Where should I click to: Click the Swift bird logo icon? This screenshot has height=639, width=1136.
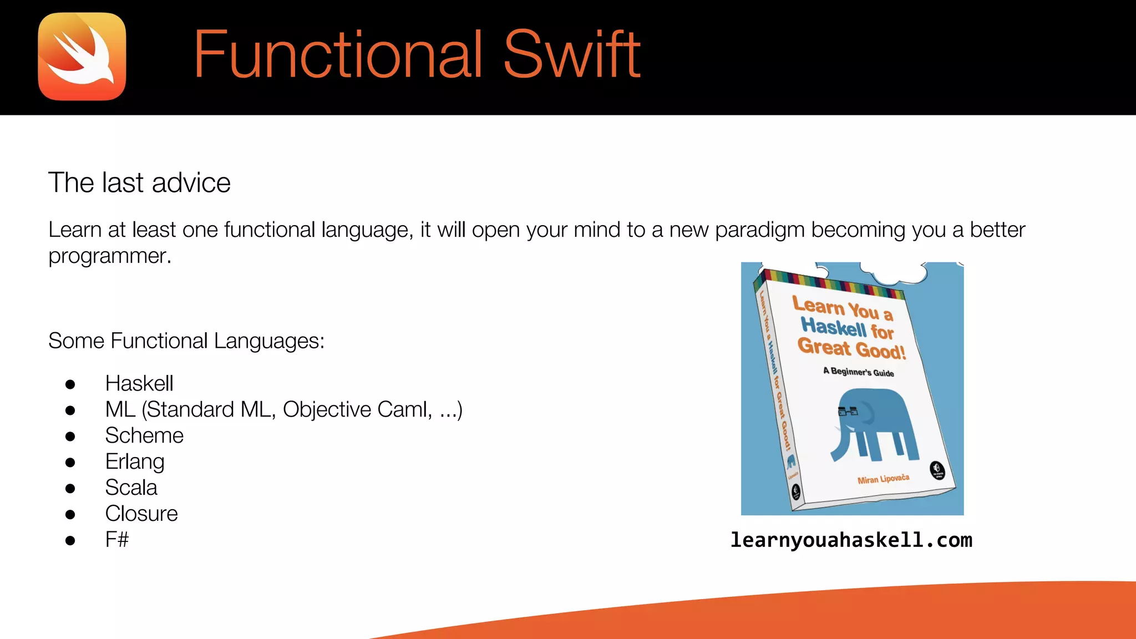[x=82, y=57]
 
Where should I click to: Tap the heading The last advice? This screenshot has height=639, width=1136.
[x=139, y=183]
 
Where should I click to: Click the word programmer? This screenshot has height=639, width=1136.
[x=109, y=256]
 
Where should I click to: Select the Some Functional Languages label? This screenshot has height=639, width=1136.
[x=186, y=341]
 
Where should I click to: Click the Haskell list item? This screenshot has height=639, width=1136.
[x=139, y=383]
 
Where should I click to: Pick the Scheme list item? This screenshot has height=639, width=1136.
[x=144, y=435]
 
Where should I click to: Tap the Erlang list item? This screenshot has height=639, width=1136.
[x=135, y=461]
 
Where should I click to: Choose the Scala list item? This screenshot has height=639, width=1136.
[x=131, y=488]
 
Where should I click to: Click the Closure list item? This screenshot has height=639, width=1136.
[x=141, y=514]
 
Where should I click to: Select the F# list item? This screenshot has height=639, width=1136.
[x=117, y=540]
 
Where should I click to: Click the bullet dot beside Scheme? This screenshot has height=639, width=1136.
[x=70, y=437]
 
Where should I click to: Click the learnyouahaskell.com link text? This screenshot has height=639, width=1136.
[x=851, y=540]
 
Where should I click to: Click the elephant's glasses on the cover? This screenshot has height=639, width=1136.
[x=847, y=412]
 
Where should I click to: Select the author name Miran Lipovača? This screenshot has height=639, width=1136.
[x=883, y=479]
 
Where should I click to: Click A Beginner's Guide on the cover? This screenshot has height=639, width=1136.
[x=858, y=372]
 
